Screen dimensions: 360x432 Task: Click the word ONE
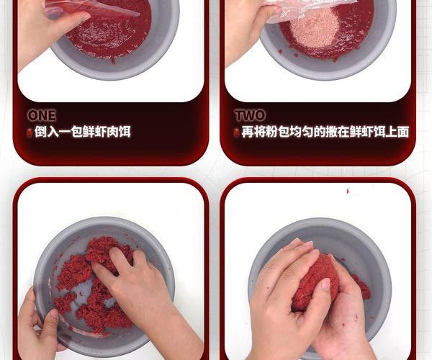(41, 115)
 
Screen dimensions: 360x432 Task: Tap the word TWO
(250, 115)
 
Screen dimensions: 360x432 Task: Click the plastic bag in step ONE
(90, 9)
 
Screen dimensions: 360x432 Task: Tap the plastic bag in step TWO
(310, 9)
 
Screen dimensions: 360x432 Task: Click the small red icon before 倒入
(30, 132)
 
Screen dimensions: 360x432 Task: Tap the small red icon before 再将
(237, 132)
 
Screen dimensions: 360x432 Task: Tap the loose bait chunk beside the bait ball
(361, 288)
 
